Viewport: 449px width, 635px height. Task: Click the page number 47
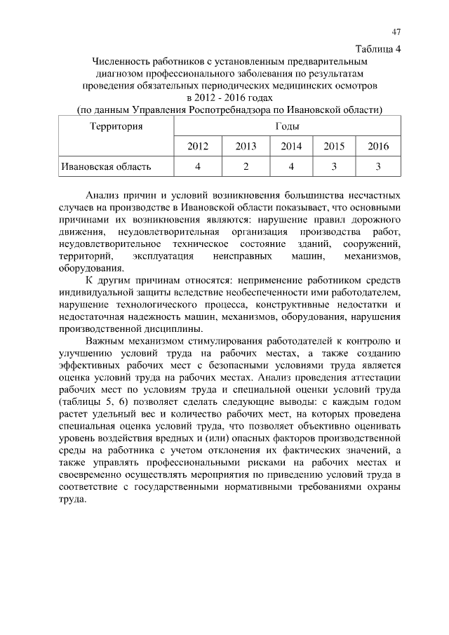396,32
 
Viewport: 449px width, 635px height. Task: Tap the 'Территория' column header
116,126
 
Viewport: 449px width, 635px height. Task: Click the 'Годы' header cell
288,126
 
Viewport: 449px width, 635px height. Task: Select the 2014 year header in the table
291,146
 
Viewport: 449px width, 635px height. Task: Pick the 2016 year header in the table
378,146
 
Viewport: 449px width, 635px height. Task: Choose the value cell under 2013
246,166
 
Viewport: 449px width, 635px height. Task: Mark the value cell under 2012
198,166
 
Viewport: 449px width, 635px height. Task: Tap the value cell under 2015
335,166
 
